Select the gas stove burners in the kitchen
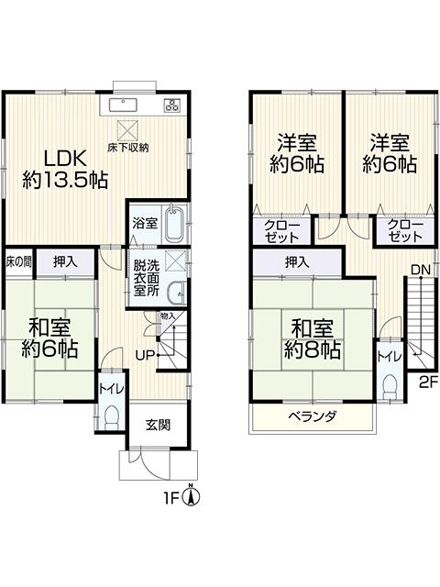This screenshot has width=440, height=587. click(172, 105)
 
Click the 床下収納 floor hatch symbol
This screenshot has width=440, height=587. click(128, 129)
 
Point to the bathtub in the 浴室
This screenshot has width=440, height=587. click(173, 224)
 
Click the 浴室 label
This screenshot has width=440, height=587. click(145, 224)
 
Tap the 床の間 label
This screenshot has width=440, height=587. click(18, 262)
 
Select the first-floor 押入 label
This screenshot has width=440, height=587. click(65, 262)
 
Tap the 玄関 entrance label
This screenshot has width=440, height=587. click(158, 425)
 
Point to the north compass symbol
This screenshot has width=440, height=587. click(191, 496)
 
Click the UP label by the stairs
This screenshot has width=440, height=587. click(145, 355)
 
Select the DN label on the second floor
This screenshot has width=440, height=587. click(421, 270)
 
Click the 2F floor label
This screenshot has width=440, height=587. click(428, 382)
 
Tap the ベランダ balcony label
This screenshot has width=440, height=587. click(313, 415)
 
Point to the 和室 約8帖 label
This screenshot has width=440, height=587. click(312, 338)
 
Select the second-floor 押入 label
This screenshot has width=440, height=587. click(297, 262)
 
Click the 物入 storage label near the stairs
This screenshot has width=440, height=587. click(168, 316)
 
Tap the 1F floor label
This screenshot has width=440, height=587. click(171, 498)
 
